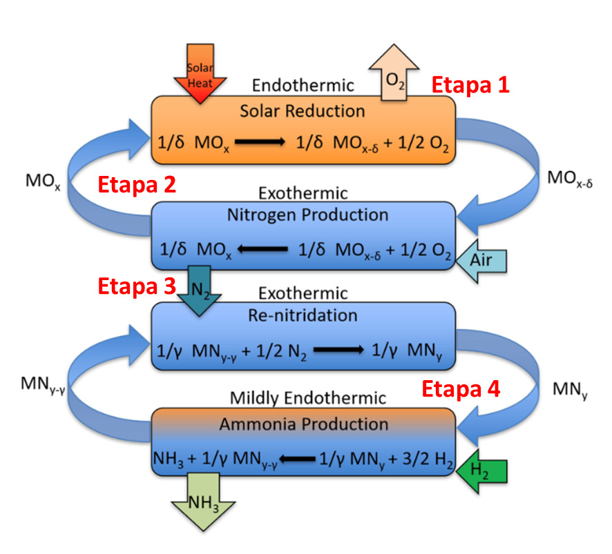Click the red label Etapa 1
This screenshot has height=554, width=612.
click(470, 86)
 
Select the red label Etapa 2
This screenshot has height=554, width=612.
click(137, 185)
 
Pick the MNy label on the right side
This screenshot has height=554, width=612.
click(570, 391)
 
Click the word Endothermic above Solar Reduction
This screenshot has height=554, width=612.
click(303, 86)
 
